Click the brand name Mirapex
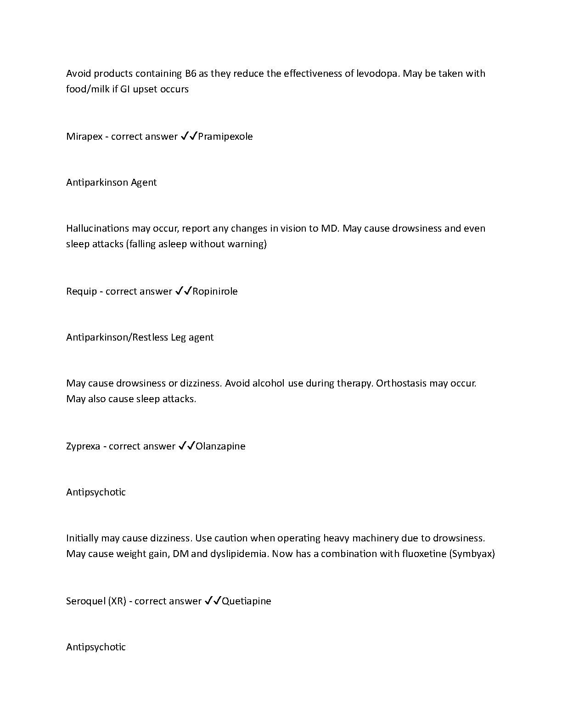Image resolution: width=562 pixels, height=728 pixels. point(84,136)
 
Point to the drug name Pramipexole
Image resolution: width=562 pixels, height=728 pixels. point(225,136)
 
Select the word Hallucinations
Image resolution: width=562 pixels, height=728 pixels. point(97,228)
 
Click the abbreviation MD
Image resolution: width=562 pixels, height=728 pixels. point(329,228)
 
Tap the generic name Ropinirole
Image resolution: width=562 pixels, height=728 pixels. point(215,291)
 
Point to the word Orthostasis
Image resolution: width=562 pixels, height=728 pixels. point(401,383)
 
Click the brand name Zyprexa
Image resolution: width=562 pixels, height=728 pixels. point(83,446)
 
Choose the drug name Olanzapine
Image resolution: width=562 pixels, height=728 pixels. point(220,446)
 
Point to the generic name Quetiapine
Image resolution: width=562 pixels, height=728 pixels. point(247,601)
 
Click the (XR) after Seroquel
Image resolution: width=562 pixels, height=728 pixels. point(117,601)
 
